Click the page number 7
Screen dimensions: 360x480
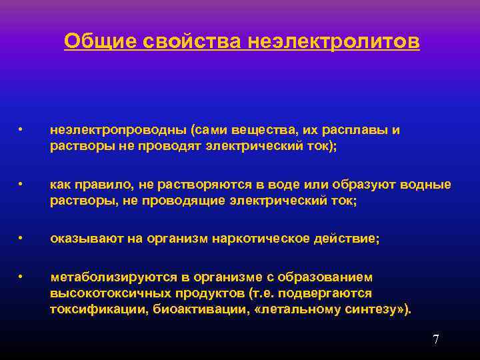pyautogui.click(x=435, y=339)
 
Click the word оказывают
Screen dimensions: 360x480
pyautogui.click(x=79, y=239)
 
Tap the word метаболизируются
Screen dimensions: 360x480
pyautogui.click(x=103, y=277)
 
